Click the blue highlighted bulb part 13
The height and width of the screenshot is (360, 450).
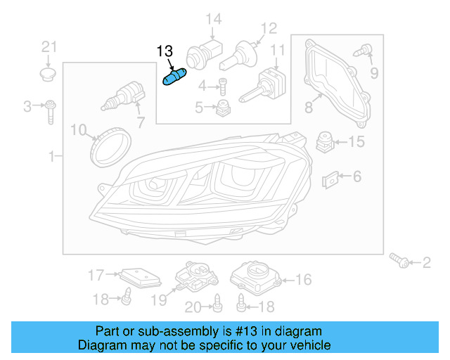[x=172, y=77]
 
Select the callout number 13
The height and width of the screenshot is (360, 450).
[x=164, y=51]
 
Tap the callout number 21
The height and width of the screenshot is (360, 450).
[x=48, y=47]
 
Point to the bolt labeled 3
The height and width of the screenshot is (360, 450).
[x=51, y=110]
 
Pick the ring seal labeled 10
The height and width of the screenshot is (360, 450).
[x=111, y=144]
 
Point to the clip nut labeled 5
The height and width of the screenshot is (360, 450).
[x=223, y=108]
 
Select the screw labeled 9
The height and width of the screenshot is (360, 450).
[x=364, y=51]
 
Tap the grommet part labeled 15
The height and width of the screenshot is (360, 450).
[x=324, y=141]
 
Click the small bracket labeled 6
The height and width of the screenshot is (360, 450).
[x=330, y=181]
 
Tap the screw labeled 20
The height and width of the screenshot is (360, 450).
[x=217, y=304]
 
